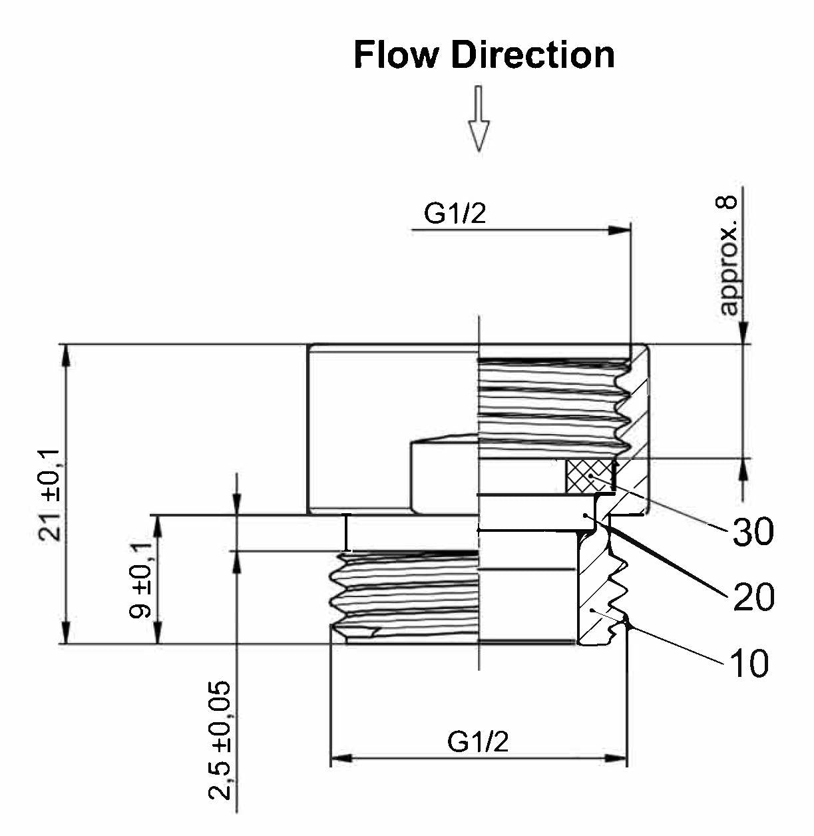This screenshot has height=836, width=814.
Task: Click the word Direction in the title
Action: tap(532, 55)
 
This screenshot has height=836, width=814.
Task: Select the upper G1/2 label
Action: tap(455, 214)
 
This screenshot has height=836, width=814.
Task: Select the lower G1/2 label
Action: tap(478, 741)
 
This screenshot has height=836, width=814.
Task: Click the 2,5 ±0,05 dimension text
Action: tap(220, 739)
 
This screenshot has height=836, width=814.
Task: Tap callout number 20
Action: tap(753, 596)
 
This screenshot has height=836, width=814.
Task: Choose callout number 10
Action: tap(749, 663)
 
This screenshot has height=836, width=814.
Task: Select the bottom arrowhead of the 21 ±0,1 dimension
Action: tap(66, 633)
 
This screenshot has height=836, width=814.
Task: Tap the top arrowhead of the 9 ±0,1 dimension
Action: tap(158, 525)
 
